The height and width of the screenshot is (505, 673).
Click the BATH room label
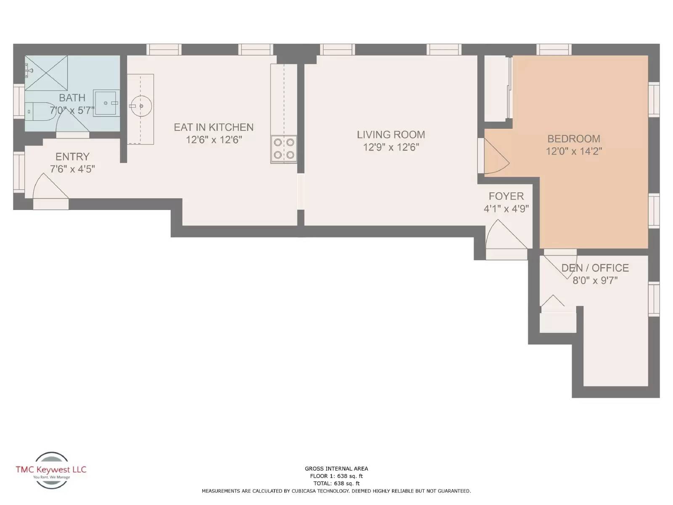[x=72, y=98]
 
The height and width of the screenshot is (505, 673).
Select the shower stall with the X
[x=46, y=73]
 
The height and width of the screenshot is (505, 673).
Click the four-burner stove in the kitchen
[x=284, y=149]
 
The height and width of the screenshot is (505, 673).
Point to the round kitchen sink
[x=140, y=106]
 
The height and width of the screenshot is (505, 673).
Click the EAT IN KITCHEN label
[x=214, y=127]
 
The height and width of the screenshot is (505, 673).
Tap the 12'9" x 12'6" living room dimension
[x=391, y=147]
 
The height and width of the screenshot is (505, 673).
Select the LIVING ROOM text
[x=391, y=135]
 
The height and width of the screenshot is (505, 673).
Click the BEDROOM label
[x=574, y=138]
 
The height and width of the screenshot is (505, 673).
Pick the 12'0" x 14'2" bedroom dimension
[x=574, y=151]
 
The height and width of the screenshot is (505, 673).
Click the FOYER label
[x=506, y=196]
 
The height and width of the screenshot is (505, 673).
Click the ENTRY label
[x=72, y=157]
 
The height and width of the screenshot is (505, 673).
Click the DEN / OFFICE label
[x=595, y=268]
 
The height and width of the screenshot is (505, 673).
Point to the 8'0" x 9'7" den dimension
[x=595, y=280]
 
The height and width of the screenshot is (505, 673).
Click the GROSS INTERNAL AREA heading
[x=336, y=468]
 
